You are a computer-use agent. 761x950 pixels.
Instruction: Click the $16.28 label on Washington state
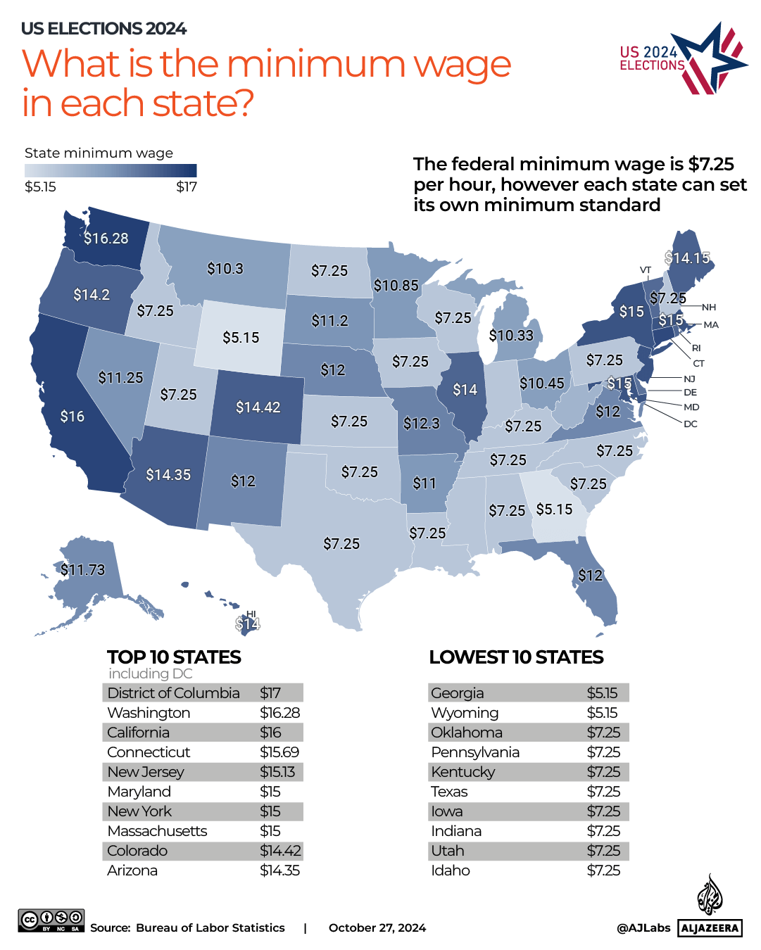coord(106,239)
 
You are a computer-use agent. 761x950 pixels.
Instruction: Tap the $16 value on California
coord(73,417)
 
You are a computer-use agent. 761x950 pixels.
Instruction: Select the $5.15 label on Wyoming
coord(241,338)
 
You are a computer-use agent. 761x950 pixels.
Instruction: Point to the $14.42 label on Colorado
coord(258,407)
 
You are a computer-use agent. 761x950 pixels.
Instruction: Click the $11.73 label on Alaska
coord(83,570)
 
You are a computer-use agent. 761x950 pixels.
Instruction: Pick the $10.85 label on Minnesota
coord(396,286)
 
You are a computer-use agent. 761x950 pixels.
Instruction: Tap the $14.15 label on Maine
coord(688,258)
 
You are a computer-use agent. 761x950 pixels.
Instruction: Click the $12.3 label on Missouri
coord(421,424)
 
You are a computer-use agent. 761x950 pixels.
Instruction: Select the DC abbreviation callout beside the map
coord(690,424)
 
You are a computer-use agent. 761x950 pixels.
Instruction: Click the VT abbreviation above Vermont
coord(646,270)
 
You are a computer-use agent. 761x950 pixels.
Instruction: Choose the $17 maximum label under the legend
coord(187,187)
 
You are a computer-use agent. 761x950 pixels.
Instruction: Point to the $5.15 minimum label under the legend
coord(40,187)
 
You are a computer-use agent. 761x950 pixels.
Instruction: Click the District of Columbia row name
coord(173,693)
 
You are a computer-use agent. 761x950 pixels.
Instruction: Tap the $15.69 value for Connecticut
coord(279,752)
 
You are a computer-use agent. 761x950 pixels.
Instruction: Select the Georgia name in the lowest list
coord(457,693)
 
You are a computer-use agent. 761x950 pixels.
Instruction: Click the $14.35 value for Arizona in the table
coord(279,870)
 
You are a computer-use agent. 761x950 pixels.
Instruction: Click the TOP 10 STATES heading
coord(174,657)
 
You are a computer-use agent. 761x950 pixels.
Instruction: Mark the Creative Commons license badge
coord(51,920)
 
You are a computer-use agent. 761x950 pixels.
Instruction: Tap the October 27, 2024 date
coord(377,928)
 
